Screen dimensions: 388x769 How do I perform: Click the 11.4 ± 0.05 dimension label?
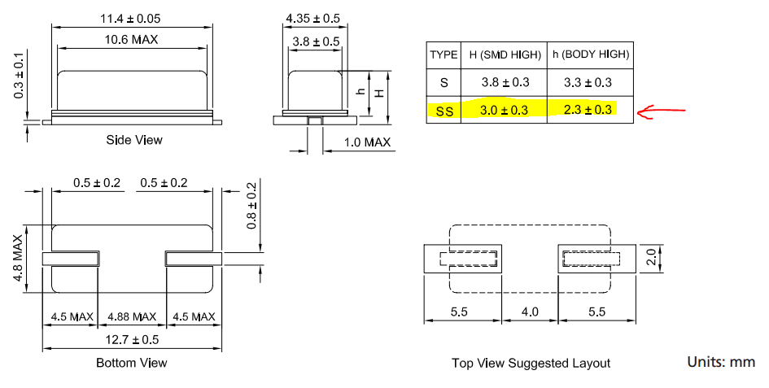click(x=129, y=17)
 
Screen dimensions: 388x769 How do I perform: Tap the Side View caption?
click(x=134, y=140)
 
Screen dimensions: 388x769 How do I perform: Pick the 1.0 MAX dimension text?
click(x=366, y=142)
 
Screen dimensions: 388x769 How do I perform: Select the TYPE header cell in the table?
click(x=443, y=54)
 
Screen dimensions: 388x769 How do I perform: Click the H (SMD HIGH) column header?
click(x=504, y=54)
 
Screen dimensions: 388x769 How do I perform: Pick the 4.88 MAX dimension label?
click(x=132, y=316)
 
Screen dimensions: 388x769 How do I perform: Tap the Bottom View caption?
click(x=132, y=363)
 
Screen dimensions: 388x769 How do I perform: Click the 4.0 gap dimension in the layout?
click(x=530, y=311)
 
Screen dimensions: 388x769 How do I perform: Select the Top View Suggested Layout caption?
click(x=531, y=363)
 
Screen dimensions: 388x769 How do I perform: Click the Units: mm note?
click(x=720, y=361)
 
